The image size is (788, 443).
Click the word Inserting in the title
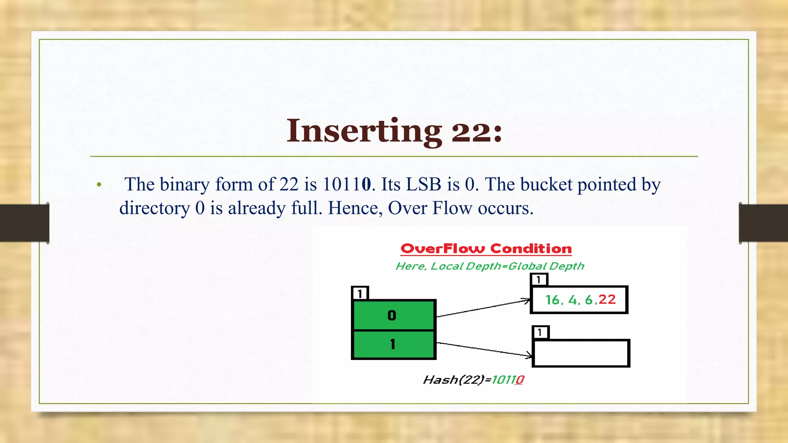pyautogui.click(x=364, y=131)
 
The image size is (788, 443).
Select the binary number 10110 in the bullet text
pyautogui.click(x=347, y=184)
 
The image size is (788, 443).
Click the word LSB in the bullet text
pyautogui.click(x=424, y=184)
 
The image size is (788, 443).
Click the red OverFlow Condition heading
pyautogui.click(x=486, y=249)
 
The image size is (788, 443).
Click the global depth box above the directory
pyautogui.click(x=360, y=293)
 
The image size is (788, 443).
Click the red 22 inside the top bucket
pyautogui.click(x=607, y=300)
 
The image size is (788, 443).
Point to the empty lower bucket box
pyautogui.click(x=581, y=353)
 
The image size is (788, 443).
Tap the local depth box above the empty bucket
pyautogui.click(x=540, y=332)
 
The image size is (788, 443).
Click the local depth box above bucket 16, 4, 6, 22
pyautogui.click(x=539, y=280)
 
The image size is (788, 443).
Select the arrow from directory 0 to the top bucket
pyautogui.click(x=483, y=308)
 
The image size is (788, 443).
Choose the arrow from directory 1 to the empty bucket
pyautogui.click(x=484, y=349)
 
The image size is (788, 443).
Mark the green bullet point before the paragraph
pyautogui.click(x=99, y=185)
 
